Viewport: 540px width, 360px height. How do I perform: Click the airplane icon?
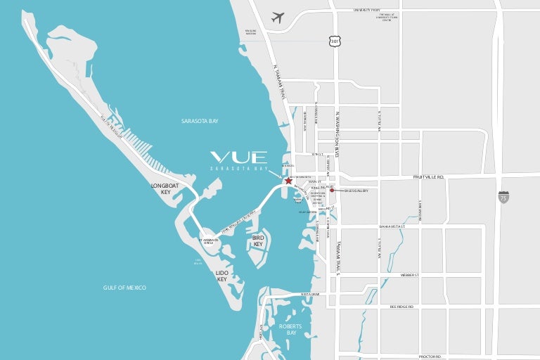[x=278, y=17]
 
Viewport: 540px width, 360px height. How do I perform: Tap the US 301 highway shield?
[x=335, y=41]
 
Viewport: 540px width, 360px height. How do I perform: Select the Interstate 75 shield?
[x=503, y=198]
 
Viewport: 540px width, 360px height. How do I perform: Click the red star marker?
[x=289, y=181]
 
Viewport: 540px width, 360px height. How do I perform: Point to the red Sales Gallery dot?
[x=332, y=190]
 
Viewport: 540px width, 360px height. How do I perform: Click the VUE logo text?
[x=238, y=157]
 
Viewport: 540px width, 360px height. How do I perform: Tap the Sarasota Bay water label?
[x=200, y=121]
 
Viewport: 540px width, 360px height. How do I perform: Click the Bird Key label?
[x=257, y=241]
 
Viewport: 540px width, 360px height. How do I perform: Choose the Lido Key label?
[x=222, y=276]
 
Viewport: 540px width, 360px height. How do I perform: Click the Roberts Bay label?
[x=290, y=329]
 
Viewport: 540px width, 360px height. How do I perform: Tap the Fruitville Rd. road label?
[x=428, y=177]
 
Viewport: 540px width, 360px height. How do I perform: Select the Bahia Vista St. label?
[x=392, y=226]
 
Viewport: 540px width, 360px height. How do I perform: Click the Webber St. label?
[x=409, y=275]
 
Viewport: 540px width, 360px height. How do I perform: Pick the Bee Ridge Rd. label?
[x=401, y=307]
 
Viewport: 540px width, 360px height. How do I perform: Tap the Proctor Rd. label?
[x=430, y=356]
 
